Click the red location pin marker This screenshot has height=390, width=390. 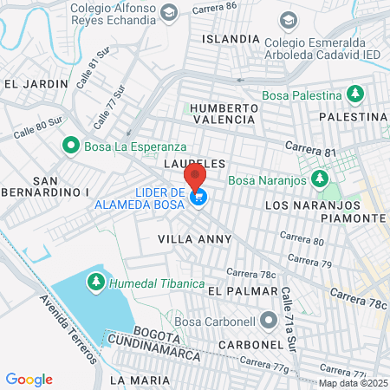click(196, 177)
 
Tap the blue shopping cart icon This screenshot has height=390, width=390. click(200, 198)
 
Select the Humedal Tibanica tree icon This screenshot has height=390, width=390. click(94, 282)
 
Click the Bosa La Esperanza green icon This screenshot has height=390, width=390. click(71, 146)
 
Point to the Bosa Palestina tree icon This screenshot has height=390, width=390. click(354, 92)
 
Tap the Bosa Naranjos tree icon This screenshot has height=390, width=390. click(320, 180)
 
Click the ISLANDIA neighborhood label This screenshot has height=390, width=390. click(230, 39)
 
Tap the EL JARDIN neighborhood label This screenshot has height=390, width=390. click(36, 83)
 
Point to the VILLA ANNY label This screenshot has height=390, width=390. click(190, 237)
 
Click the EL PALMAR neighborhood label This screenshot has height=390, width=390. click(237, 292)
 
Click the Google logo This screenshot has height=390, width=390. click(29, 379)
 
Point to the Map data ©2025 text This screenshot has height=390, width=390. click(353, 383)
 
